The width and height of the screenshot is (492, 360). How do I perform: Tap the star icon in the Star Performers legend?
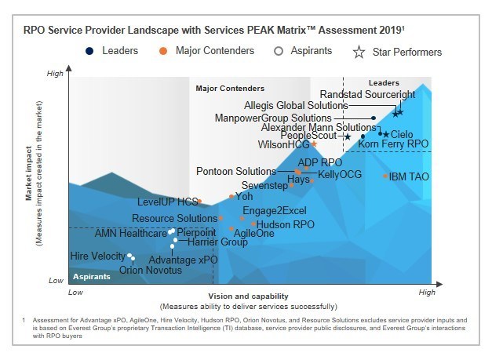359,53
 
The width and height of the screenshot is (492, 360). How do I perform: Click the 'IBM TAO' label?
409,176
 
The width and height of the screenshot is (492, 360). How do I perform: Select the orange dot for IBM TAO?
385,176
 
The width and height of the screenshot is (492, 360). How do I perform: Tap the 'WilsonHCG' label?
284,145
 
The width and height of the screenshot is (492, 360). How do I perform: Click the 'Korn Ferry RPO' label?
393,145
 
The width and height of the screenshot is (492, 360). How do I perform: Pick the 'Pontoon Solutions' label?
235,171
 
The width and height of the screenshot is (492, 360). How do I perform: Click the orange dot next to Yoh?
231,197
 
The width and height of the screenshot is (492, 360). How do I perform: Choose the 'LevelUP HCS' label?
167,202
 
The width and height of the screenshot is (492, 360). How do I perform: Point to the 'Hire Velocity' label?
97,256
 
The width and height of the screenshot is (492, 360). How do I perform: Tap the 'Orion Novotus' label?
150,271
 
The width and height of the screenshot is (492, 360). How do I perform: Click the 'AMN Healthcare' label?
130,233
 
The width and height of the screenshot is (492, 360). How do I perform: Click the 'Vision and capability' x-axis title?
248,296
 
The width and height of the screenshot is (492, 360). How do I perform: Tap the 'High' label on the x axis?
426,292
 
